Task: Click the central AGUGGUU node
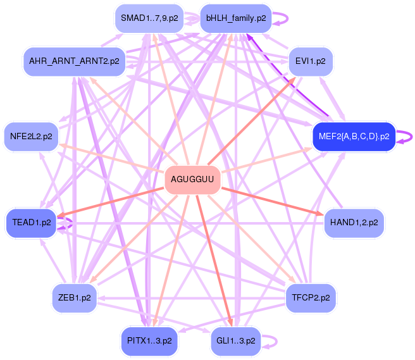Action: point(193,180)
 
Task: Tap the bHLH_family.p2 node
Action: point(235,18)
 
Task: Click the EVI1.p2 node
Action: point(311,61)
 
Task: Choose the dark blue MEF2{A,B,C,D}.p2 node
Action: point(354,136)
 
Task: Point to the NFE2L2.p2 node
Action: point(32,136)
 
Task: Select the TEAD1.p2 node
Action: point(32,223)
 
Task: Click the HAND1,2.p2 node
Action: point(354,223)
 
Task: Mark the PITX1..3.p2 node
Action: point(149,340)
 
